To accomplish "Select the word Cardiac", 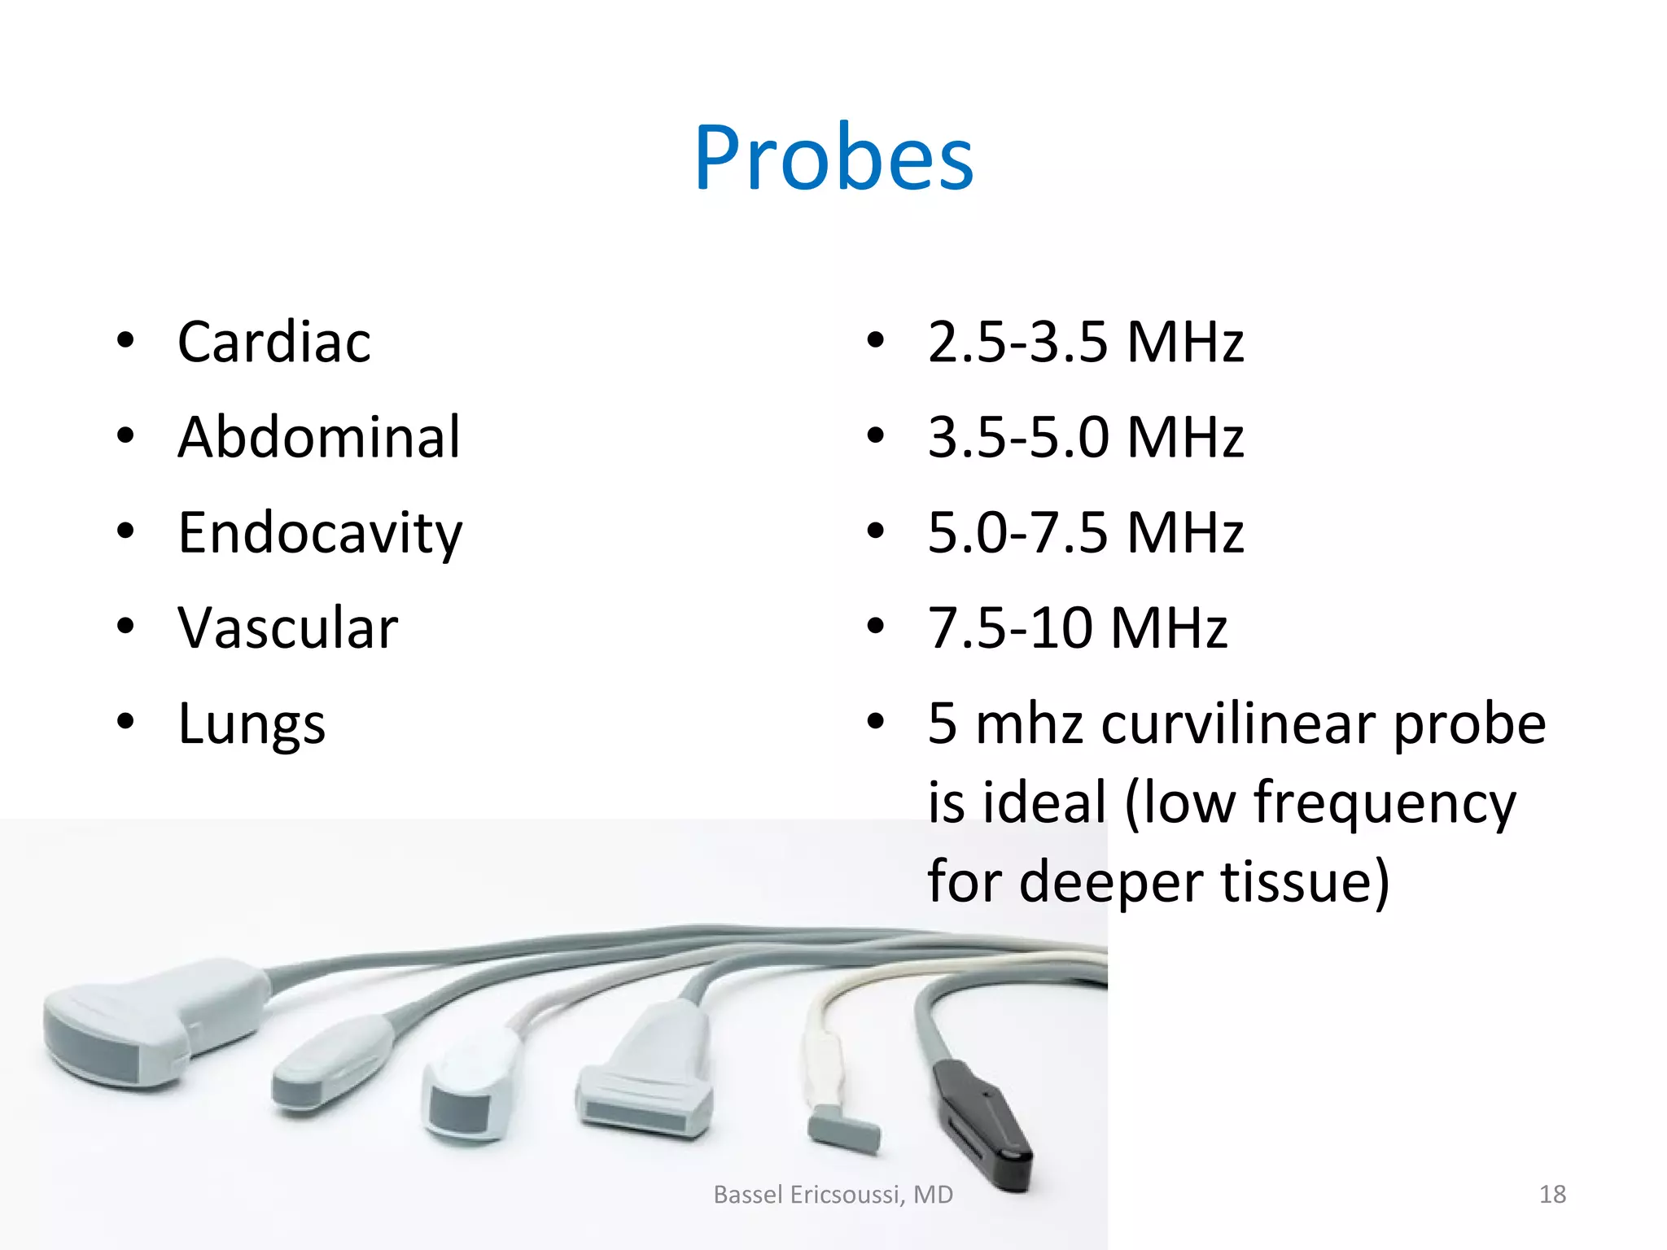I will coord(274,342).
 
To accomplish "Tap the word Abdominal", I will coord(319,437).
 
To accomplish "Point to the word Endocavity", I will coord(320,533).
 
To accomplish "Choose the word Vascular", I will coord(288,628).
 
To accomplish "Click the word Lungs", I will coord(252,723).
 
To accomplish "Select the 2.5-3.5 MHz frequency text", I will coord(1086,342).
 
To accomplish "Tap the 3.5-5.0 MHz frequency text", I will coord(1086,437).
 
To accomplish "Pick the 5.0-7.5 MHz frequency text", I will coord(1086,533).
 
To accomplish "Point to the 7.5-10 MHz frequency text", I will coord(1077,628).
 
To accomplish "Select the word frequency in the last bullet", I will coord(1385,804).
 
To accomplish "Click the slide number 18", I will coord(1552,1194).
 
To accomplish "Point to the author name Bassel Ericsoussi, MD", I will coord(833,1194).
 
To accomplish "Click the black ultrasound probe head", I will coord(982,1119).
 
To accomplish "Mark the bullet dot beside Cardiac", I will coord(125,341).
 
